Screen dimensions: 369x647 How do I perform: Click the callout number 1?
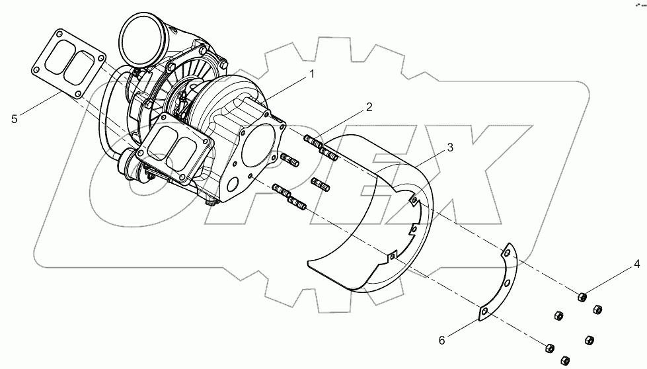coord(310,75)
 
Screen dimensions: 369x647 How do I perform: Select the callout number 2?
coord(369,107)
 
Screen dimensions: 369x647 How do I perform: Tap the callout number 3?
coord(449,147)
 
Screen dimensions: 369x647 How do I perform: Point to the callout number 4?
coord(637,265)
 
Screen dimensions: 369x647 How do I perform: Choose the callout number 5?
coord(14,119)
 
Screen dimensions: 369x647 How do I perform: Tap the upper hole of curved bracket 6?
coord(508,252)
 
